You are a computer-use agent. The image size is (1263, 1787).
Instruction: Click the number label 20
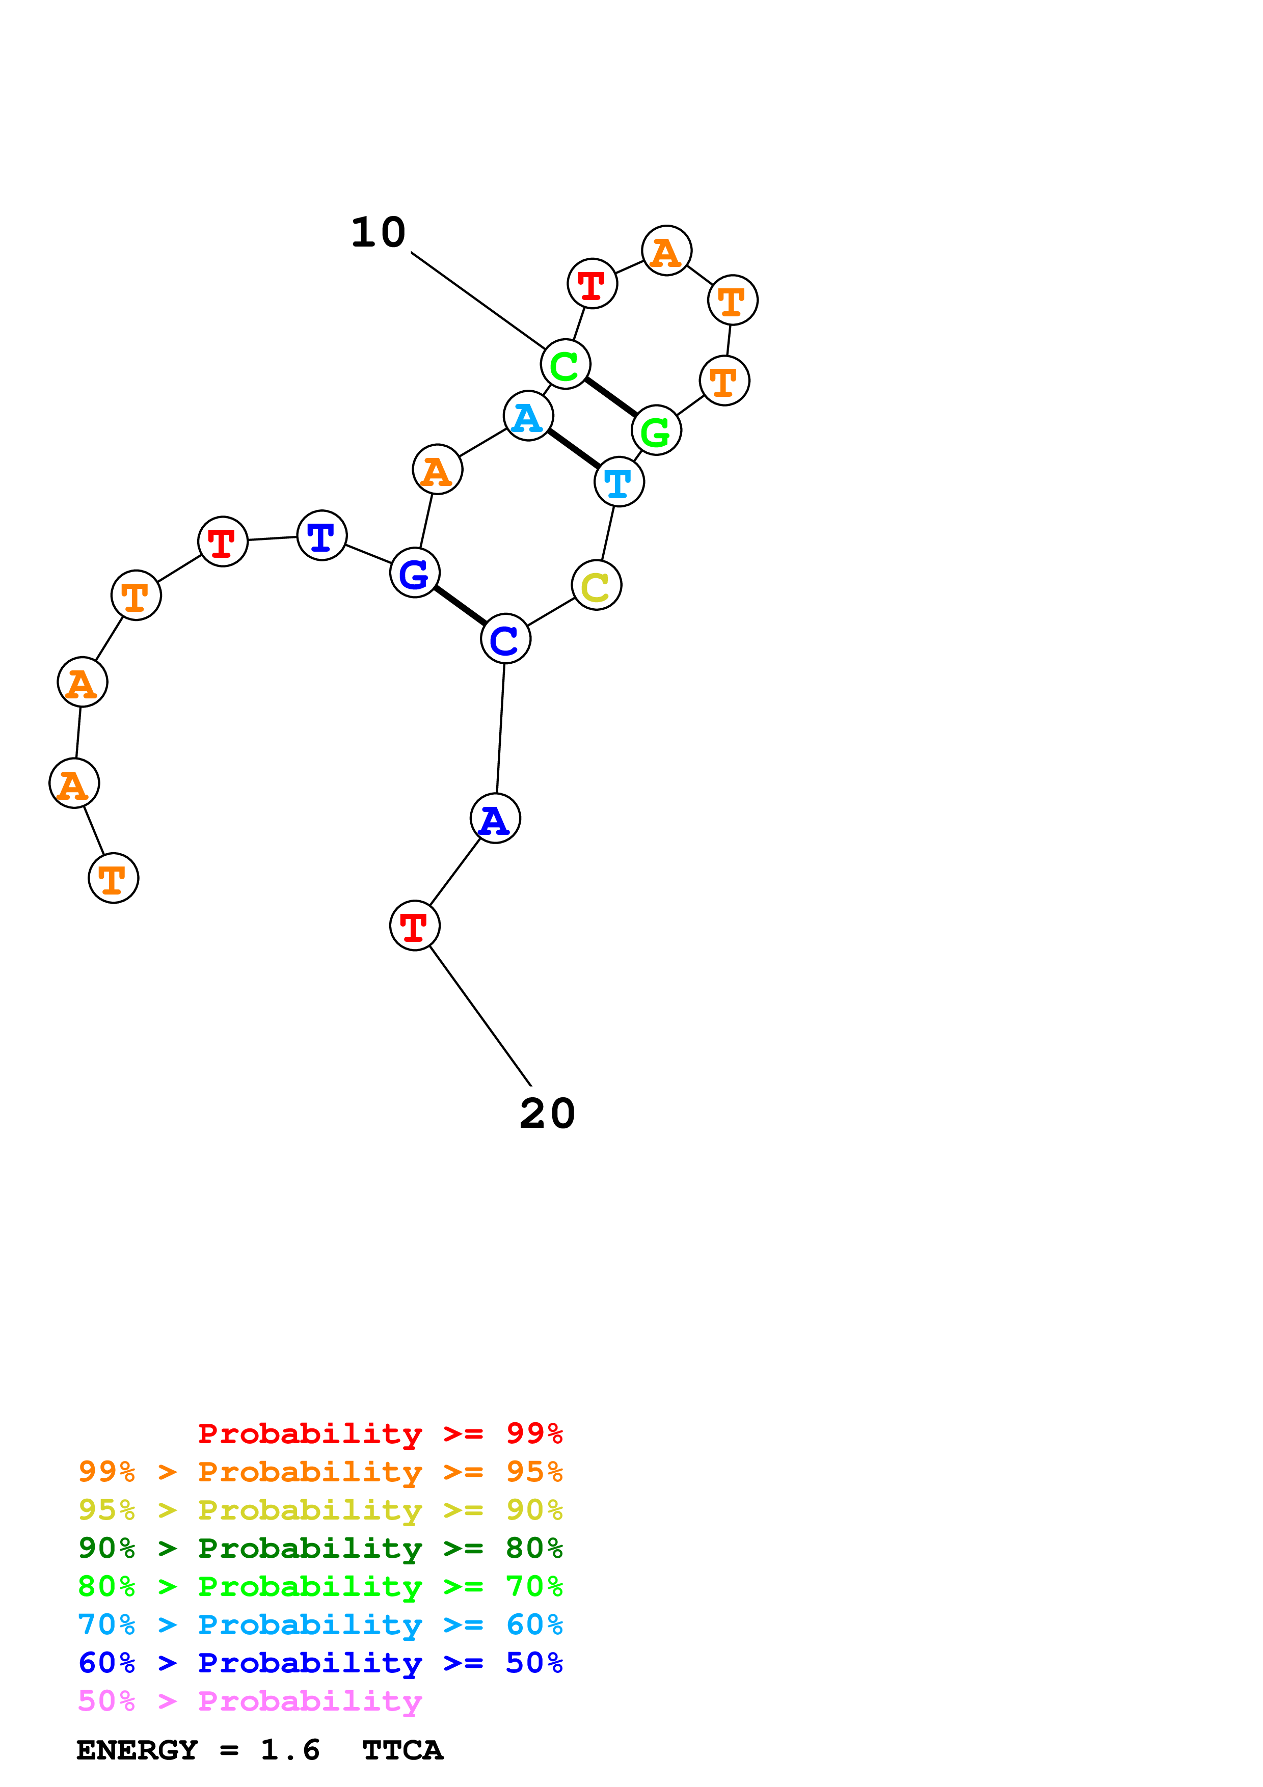pyautogui.click(x=547, y=1114)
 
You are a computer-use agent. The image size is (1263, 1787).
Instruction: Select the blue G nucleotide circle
pyautogui.click(x=415, y=573)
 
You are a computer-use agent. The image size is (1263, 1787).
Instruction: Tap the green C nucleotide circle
pyautogui.click(x=566, y=364)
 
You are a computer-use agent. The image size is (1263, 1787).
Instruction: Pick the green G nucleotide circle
pyautogui.click(x=656, y=430)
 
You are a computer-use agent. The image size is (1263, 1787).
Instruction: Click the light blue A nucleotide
pyautogui.click(x=528, y=416)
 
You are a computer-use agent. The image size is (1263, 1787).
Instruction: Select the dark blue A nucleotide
pyautogui.click(x=495, y=819)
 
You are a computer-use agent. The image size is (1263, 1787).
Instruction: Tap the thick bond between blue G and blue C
pyautogui.click(x=460, y=606)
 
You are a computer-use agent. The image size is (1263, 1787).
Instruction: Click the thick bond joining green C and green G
pyautogui.click(x=611, y=397)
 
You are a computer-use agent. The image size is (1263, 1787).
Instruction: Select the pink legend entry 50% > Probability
pyautogui.click(x=250, y=1701)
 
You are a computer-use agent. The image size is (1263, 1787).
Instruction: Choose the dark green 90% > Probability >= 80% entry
pyautogui.click(x=320, y=1548)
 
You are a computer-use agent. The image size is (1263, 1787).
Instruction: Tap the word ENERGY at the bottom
pyautogui.click(x=137, y=1750)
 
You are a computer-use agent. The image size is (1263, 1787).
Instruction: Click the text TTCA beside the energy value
pyautogui.click(x=402, y=1750)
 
